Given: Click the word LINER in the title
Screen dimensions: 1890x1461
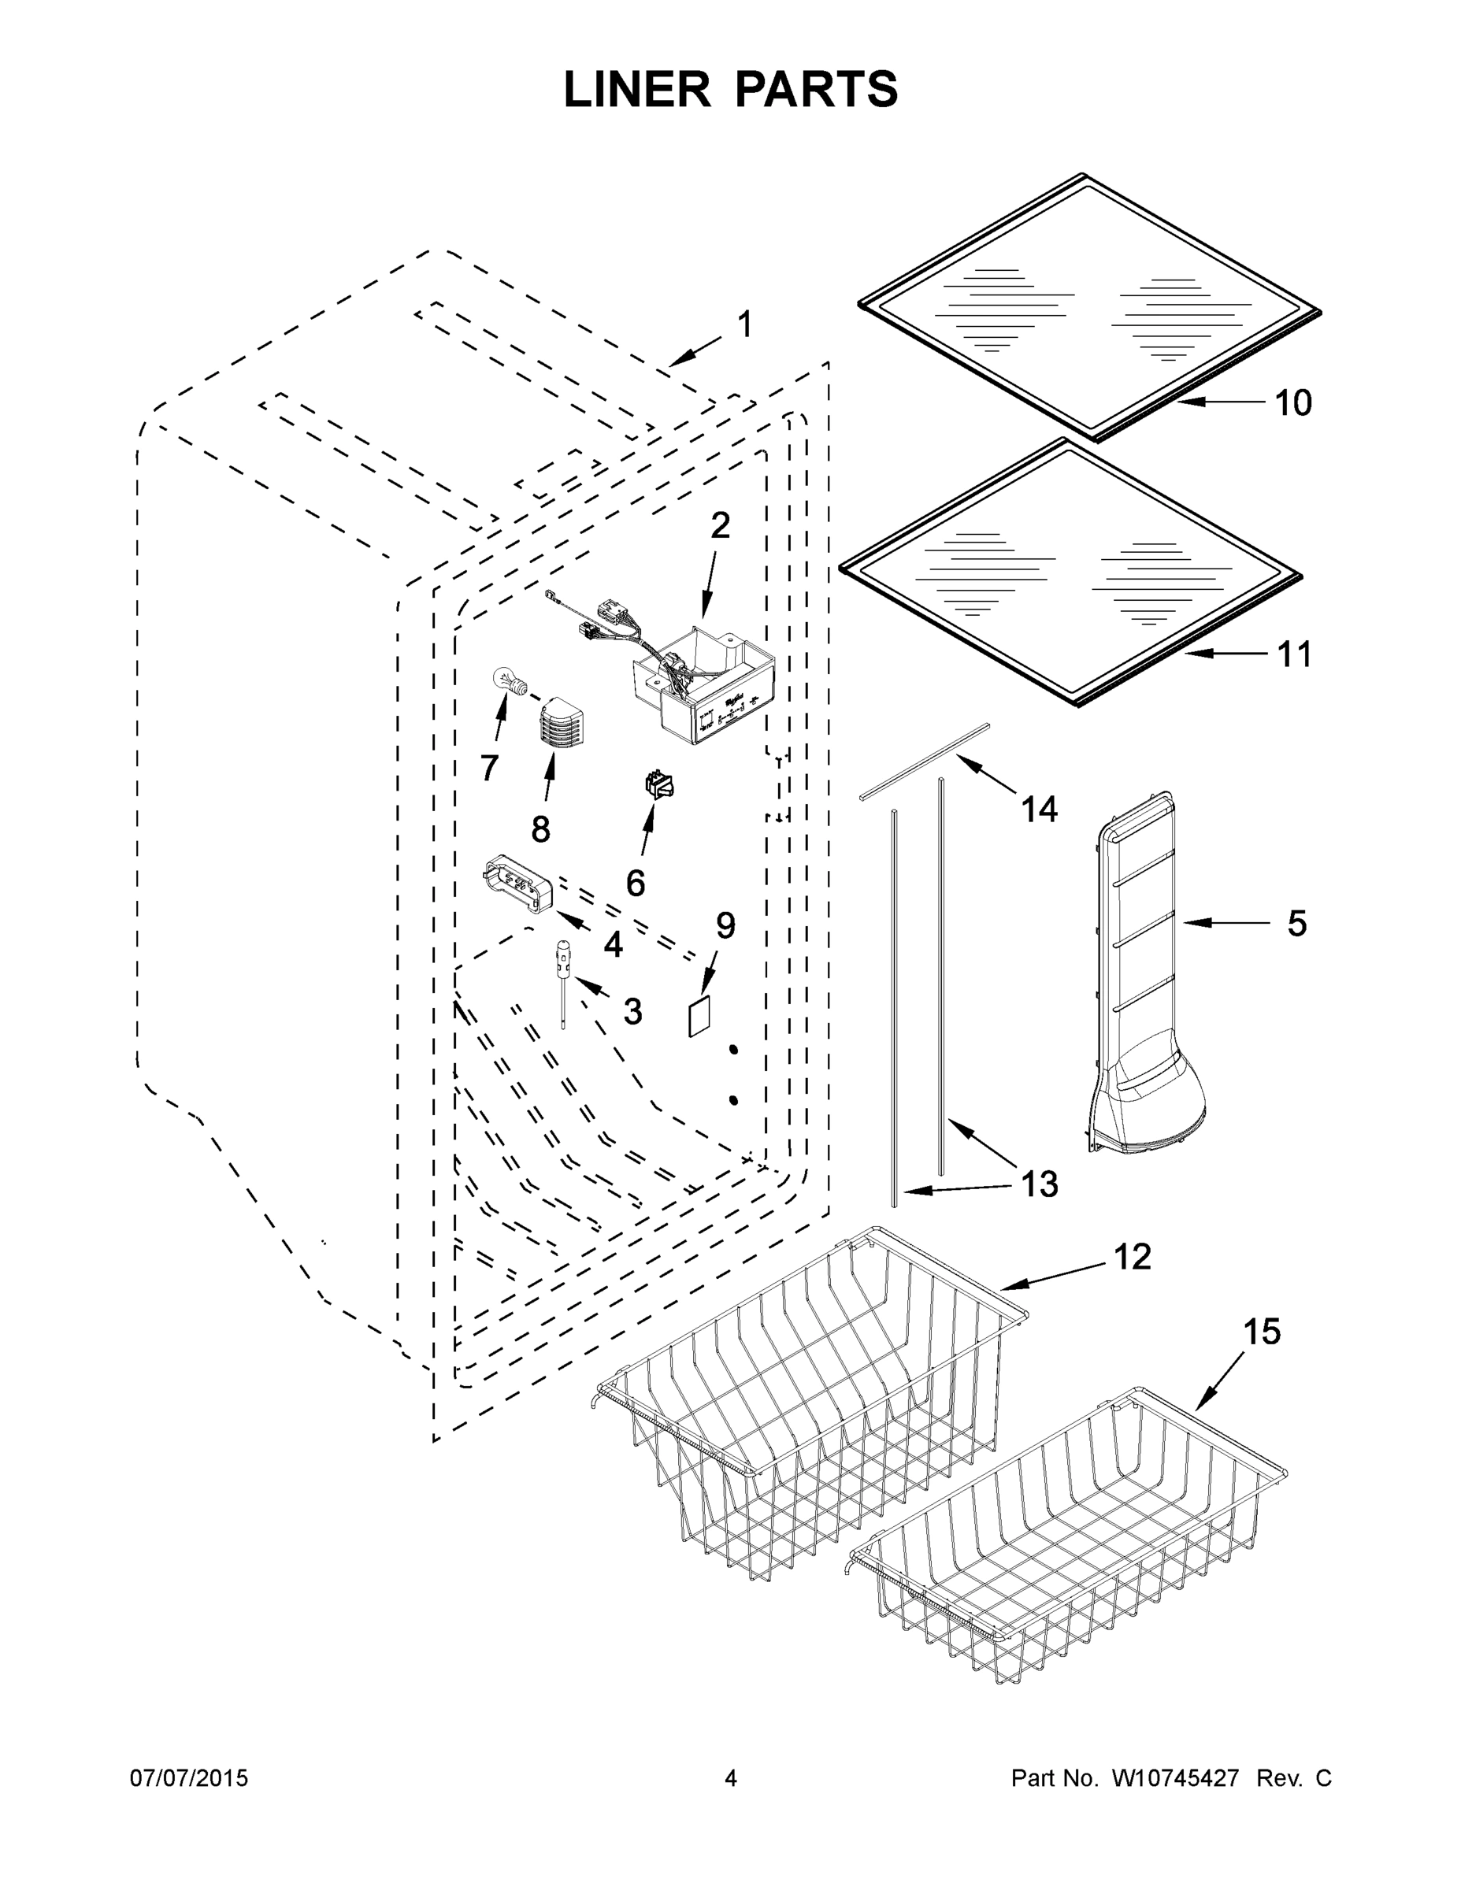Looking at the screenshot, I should point(636,90).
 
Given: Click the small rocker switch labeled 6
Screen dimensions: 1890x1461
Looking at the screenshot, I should point(659,786).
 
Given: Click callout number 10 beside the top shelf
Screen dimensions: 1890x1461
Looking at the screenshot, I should point(1293,403).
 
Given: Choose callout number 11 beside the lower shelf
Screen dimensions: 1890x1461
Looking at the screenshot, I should point(1294,655).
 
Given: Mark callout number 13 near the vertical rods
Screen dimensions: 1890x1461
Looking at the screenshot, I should point(1039,1184).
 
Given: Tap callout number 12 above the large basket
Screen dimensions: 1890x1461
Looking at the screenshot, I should point(1131,1257).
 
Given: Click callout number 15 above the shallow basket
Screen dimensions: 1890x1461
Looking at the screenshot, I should point(1261,1332).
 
